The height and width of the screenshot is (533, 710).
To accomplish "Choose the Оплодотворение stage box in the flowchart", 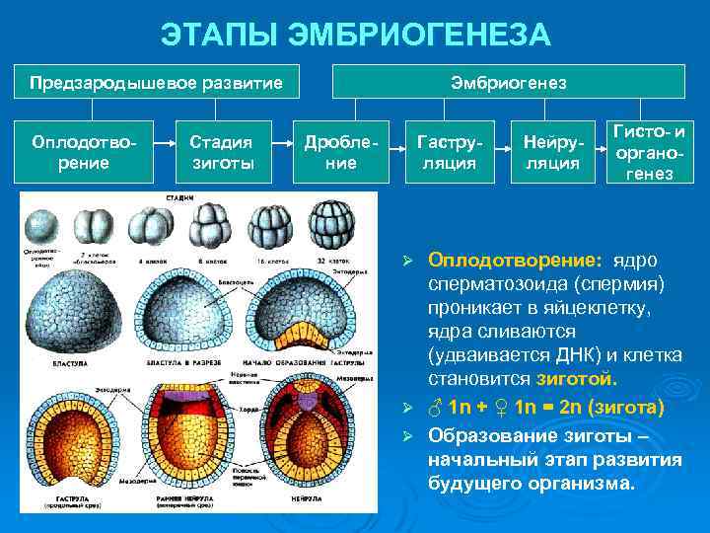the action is coord(84,153).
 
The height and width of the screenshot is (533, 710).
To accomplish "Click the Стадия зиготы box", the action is coord(222,153).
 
